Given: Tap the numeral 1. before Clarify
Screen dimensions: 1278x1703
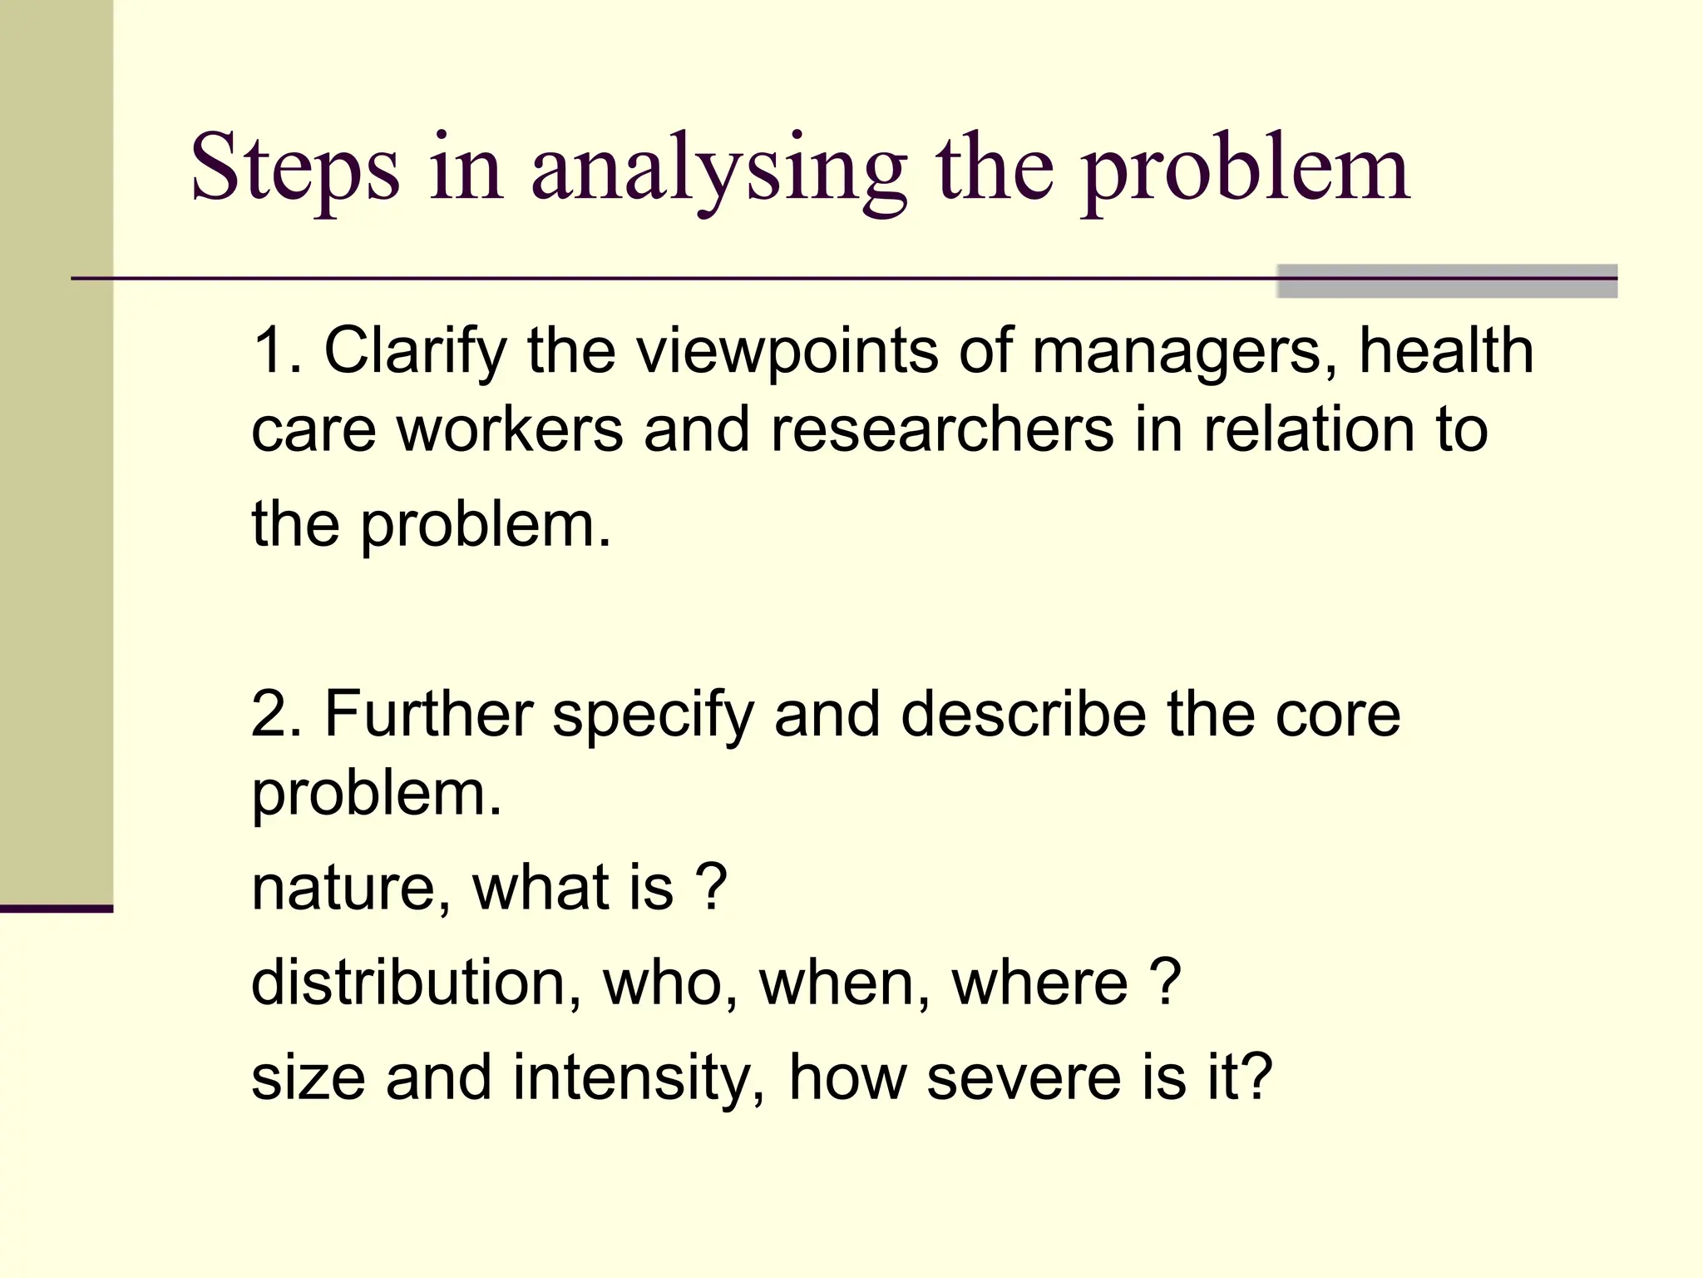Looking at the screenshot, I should tap(276, 350).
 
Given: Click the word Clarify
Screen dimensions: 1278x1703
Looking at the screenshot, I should tap(415, 350).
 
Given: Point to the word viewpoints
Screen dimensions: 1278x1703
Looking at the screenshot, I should tap(787, 350).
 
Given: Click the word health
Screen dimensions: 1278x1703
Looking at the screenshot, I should tap(1446, 350).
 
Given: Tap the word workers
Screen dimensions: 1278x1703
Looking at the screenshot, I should tap(510, 430).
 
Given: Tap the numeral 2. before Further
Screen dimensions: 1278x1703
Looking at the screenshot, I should tap(276, 714).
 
